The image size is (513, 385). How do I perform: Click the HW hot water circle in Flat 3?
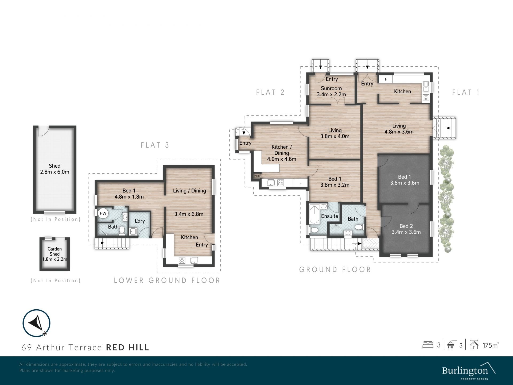click(103, 213)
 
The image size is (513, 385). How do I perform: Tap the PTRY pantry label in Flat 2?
click(257, 176)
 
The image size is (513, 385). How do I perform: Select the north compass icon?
click(37, 323)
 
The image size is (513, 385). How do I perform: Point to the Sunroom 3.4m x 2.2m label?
click(331, 91)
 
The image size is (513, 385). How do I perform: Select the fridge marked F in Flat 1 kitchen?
click(386, 79)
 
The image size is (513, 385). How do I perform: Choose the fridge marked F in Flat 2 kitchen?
click(300, 183)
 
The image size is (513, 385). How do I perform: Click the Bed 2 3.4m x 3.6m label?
click(406, 229)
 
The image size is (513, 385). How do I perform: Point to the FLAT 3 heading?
click(155, 145)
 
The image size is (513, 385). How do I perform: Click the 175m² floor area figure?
click(491, 345)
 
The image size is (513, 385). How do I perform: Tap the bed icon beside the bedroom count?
click(428, 345)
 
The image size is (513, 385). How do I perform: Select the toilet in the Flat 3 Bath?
click(122, 230)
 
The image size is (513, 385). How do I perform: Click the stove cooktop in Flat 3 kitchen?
click(182, 260)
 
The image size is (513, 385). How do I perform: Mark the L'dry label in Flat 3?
click(140, 221)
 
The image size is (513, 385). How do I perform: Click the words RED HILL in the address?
click(128, 347)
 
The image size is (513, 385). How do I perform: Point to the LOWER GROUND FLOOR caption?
click(167, 280)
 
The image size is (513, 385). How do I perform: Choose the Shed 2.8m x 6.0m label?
click(55, 169)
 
